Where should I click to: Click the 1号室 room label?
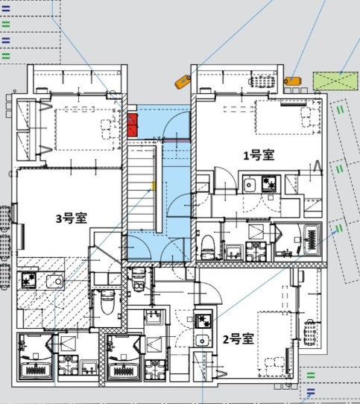tap(259, 155)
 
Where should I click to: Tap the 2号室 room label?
tap(239, 338)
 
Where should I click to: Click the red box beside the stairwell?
tap(133, 125)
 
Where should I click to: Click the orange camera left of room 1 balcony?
tap(182, 80)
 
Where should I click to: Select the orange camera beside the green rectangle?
tap(293, 80)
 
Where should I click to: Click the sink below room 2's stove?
tap(201, 341)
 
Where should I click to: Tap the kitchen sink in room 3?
tap(54, 281)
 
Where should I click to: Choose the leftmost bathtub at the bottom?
tap(34, 370)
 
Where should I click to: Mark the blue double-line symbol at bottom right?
tap(311, 391)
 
